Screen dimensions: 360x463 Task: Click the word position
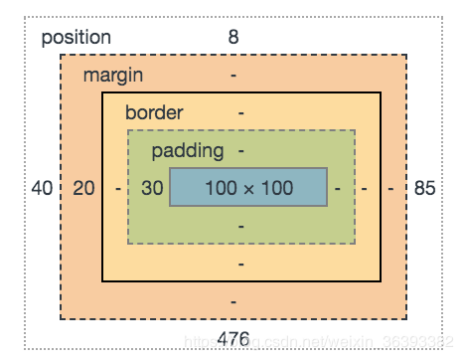click(76, 38)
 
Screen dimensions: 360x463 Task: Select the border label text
click(154, 112)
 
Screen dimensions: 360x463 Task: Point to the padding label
click(188, 151)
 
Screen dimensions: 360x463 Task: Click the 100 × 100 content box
click(248, 187)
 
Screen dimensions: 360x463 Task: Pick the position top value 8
click(234, 38)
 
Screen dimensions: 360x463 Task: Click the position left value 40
click(42, 187)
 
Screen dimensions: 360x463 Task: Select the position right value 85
click(425, 187)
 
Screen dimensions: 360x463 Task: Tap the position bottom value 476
click(233, 338)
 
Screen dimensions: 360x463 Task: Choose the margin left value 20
click(84, 187)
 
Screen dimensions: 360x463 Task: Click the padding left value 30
click(151, 187)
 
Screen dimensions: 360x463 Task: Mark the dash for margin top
click(233, 76)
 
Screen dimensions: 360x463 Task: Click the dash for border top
click(240, 112)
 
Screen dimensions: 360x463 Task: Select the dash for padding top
click(241, 151)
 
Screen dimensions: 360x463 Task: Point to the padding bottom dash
click(241, 226)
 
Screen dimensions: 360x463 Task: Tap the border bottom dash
click(241, 264)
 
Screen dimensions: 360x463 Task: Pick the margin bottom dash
click(233, 300)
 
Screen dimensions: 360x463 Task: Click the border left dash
click(118, 187)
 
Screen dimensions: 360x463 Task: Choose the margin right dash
click(391, 187)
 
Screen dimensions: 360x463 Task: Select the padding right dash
click(339, 187)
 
